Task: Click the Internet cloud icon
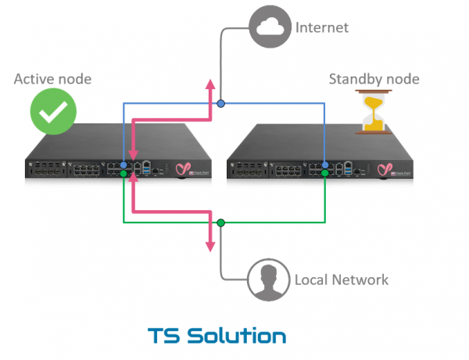(x=267, y=29)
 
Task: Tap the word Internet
(x=321, y=28)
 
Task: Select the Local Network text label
(x=341, y=279)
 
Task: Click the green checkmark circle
(x=53, y=112)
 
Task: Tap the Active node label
(x=52, y=78)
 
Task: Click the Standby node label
(x=374, y=78)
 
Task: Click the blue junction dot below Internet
(x=221, y=103)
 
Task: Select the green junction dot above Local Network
(x=221, y=223)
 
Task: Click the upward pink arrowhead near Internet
(x=209, y=85)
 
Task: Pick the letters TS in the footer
(x=164, y=336)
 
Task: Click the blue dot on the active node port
(x=124, y=165)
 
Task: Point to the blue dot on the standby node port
(x=324, y=165)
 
